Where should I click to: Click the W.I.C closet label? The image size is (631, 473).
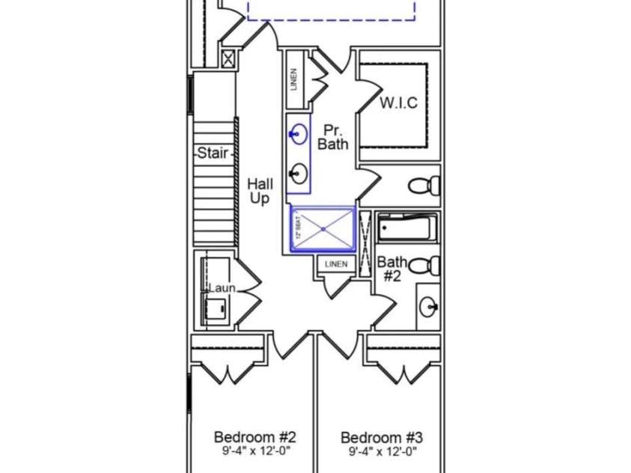pyautogui.click(x=399, y=103)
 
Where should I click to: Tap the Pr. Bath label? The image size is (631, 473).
pyautogui.click(x=333, y=137)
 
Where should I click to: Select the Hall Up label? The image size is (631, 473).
pyautogui.click(x=260, y=191)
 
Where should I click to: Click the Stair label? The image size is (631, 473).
pyautogui.click(x=213, y=153)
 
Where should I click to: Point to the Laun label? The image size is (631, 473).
pyautogui.click(x=222, y=288)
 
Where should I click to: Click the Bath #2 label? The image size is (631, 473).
pyautogui.click(x=392, y=269)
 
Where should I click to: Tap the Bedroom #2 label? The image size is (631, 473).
pyautogui.click(x=255, y=437)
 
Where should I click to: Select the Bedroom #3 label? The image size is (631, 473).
pyautogui.click(x=382, y=437)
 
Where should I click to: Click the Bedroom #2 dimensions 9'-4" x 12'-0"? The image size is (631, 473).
pyautogui.click(x=256, y=451)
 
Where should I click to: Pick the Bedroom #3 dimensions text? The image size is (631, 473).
pyautogui.click(x=382, y=451)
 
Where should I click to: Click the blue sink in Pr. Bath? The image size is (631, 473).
pyautogui.click(x=299, y=134)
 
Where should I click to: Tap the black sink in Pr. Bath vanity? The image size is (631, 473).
pyautogui.click(x=299, y=174)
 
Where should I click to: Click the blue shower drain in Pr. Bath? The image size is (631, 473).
pyautogui.click(x=323, y=229)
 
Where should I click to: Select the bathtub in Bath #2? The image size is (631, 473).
pyautogui.click(x=407, y=228)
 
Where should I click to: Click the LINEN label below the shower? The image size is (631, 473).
pyautogui.click(x=336, y=264)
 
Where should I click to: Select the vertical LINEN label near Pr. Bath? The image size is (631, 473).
pyautogui.click(x=293, y=79)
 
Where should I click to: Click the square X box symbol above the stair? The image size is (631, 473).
pyautogui.click(x=228, y=60)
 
